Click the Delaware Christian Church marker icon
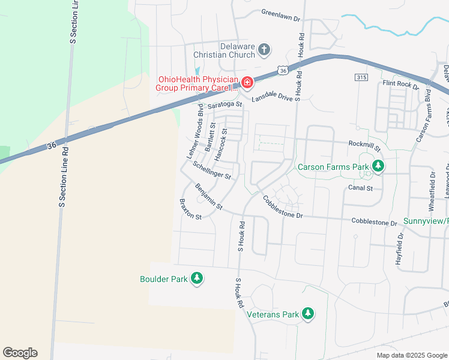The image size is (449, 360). tap(265, 50)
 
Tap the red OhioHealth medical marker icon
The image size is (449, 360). tap(247, 82)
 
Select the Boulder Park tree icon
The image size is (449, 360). tap(196, 278)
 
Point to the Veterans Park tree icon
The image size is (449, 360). tap(308, 313)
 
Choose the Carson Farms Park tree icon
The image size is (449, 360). tap(378, 166)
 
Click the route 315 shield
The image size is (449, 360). tap(361, 78)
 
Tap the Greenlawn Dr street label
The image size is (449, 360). tap(280, 16)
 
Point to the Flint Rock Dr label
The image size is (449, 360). tap(400, 85)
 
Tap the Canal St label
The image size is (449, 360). tap(360, 188)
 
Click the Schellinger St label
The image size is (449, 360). tap(212, 170)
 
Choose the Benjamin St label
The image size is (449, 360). tap(209, 197)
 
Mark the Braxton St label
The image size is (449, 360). tap(190, 209)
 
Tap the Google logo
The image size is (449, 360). tap(20, 353)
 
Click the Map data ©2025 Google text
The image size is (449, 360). tap(411, 355)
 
